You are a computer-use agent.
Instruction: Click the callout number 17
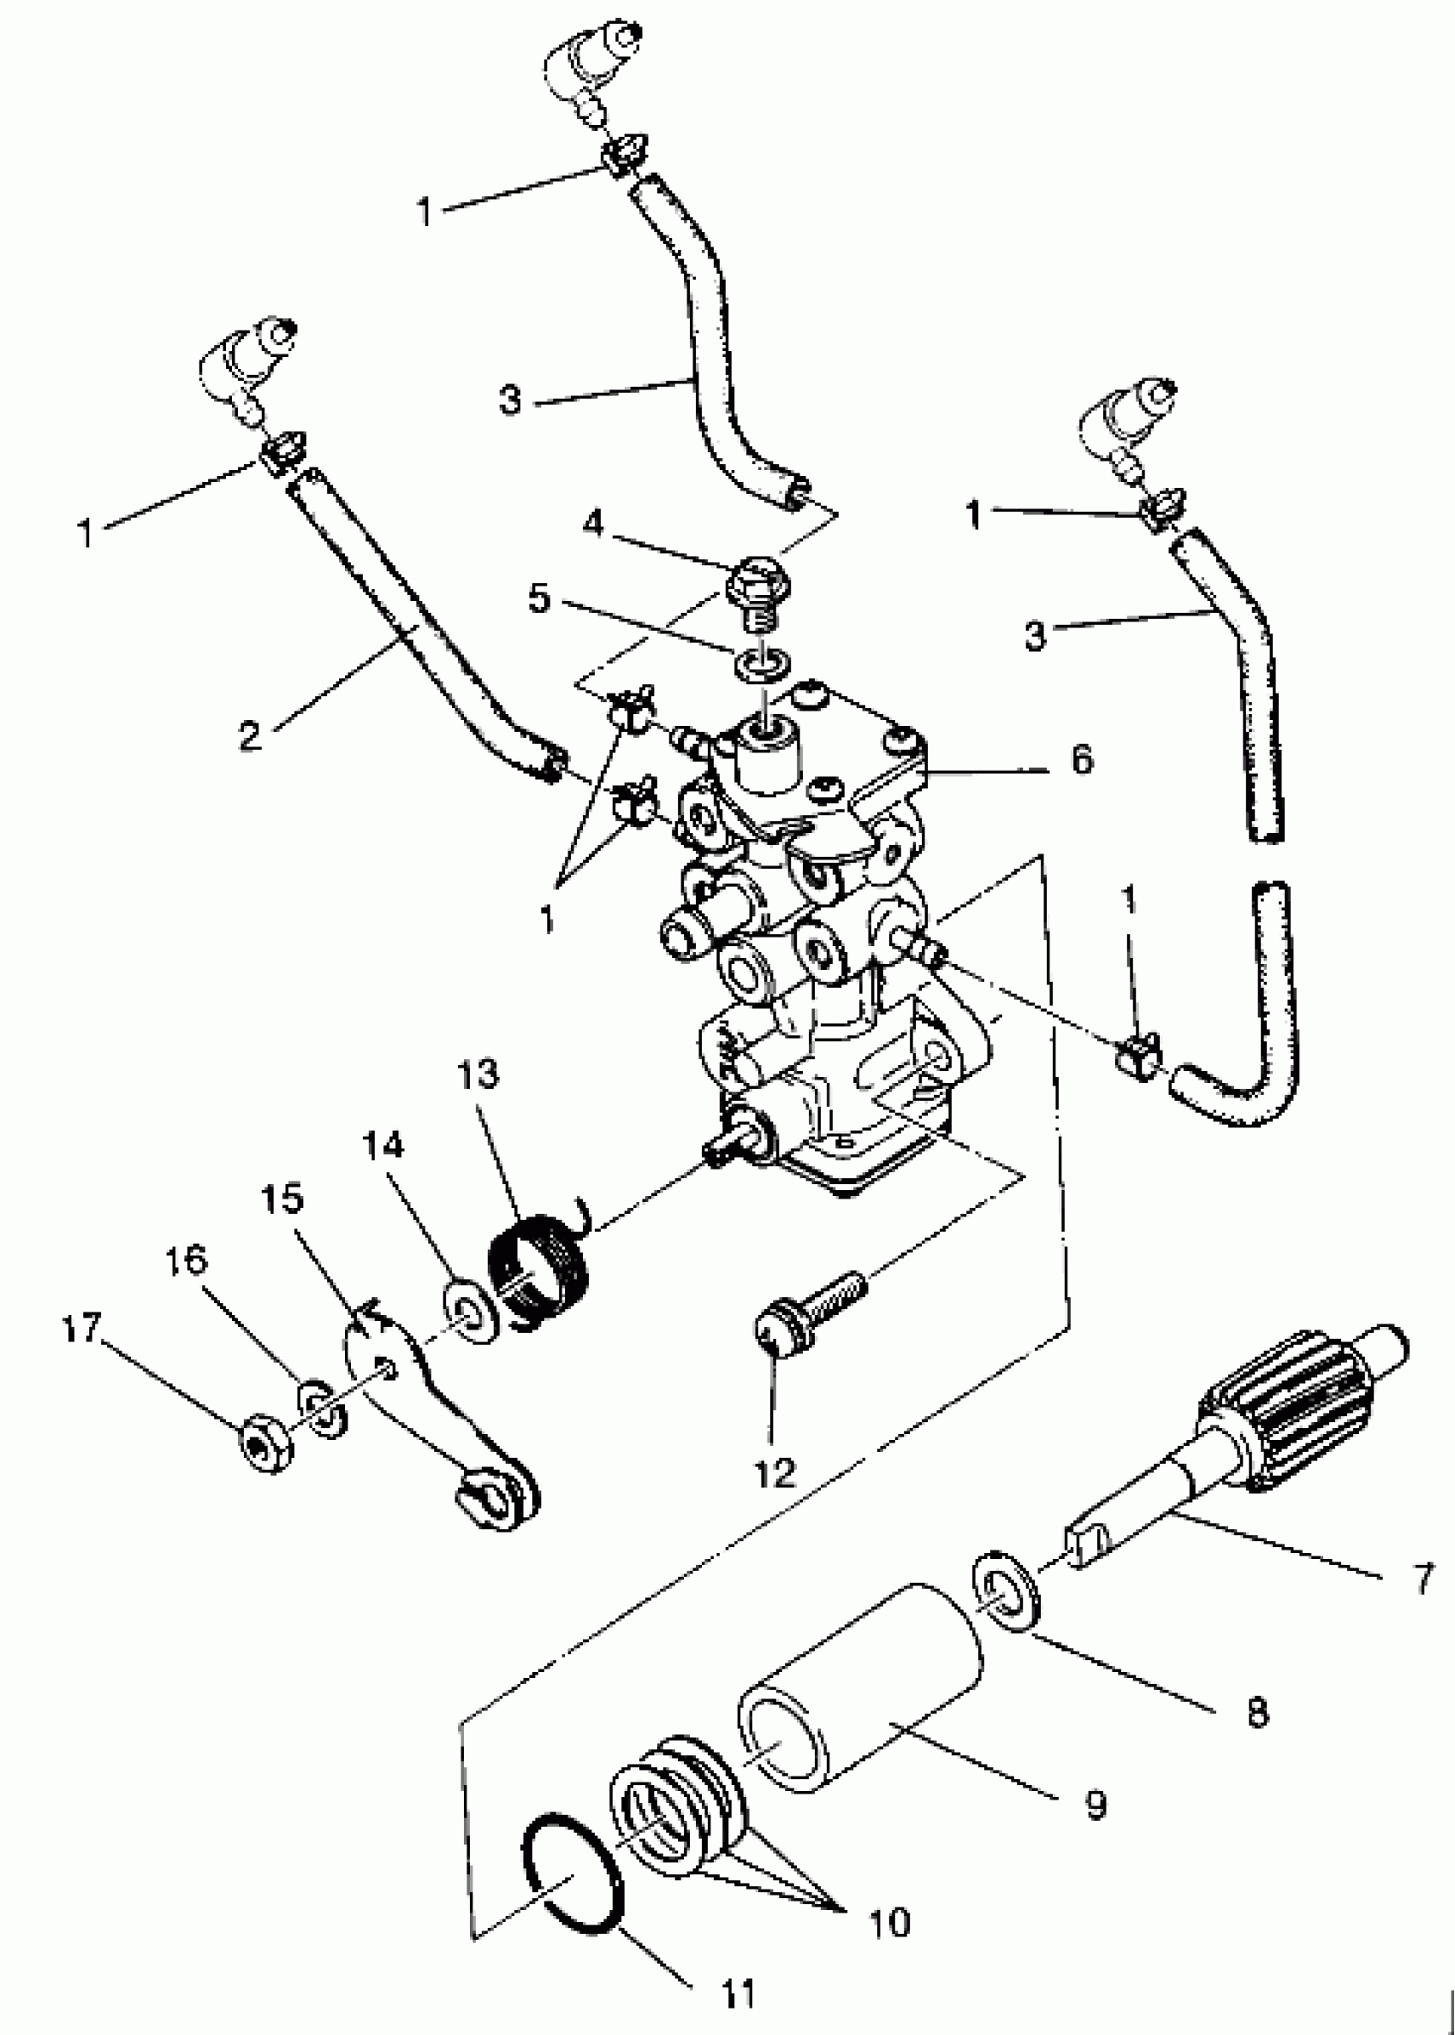[81, 1328]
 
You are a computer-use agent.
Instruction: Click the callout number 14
[383, 1145]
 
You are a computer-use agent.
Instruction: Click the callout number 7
[1423, 1579]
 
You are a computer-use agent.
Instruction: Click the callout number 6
[1083, 759]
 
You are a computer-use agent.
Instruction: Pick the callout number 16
[186, 1262]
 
